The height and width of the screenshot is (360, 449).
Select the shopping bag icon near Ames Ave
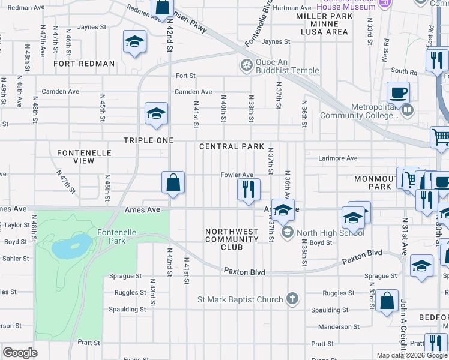click(173, 182)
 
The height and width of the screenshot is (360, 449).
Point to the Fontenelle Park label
click(113, 236)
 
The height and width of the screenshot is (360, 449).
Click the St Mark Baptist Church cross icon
click(292, 298)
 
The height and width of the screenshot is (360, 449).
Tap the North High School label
click(322, 233)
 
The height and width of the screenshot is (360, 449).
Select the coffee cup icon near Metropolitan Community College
click(398, 93)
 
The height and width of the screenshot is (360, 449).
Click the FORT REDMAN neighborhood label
click(84, 64)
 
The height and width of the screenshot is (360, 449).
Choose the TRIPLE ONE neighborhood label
click(148, 140)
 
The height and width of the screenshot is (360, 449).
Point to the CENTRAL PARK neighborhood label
click(232, 146)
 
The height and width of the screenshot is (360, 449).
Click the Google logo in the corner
click(20, 353)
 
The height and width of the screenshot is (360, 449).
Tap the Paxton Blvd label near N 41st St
click(244, 272)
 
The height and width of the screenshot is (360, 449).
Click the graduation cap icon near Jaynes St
click(135, 41)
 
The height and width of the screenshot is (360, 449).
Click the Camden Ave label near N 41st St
click(193, 92)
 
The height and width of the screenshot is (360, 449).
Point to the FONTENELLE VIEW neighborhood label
click(84, 157)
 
